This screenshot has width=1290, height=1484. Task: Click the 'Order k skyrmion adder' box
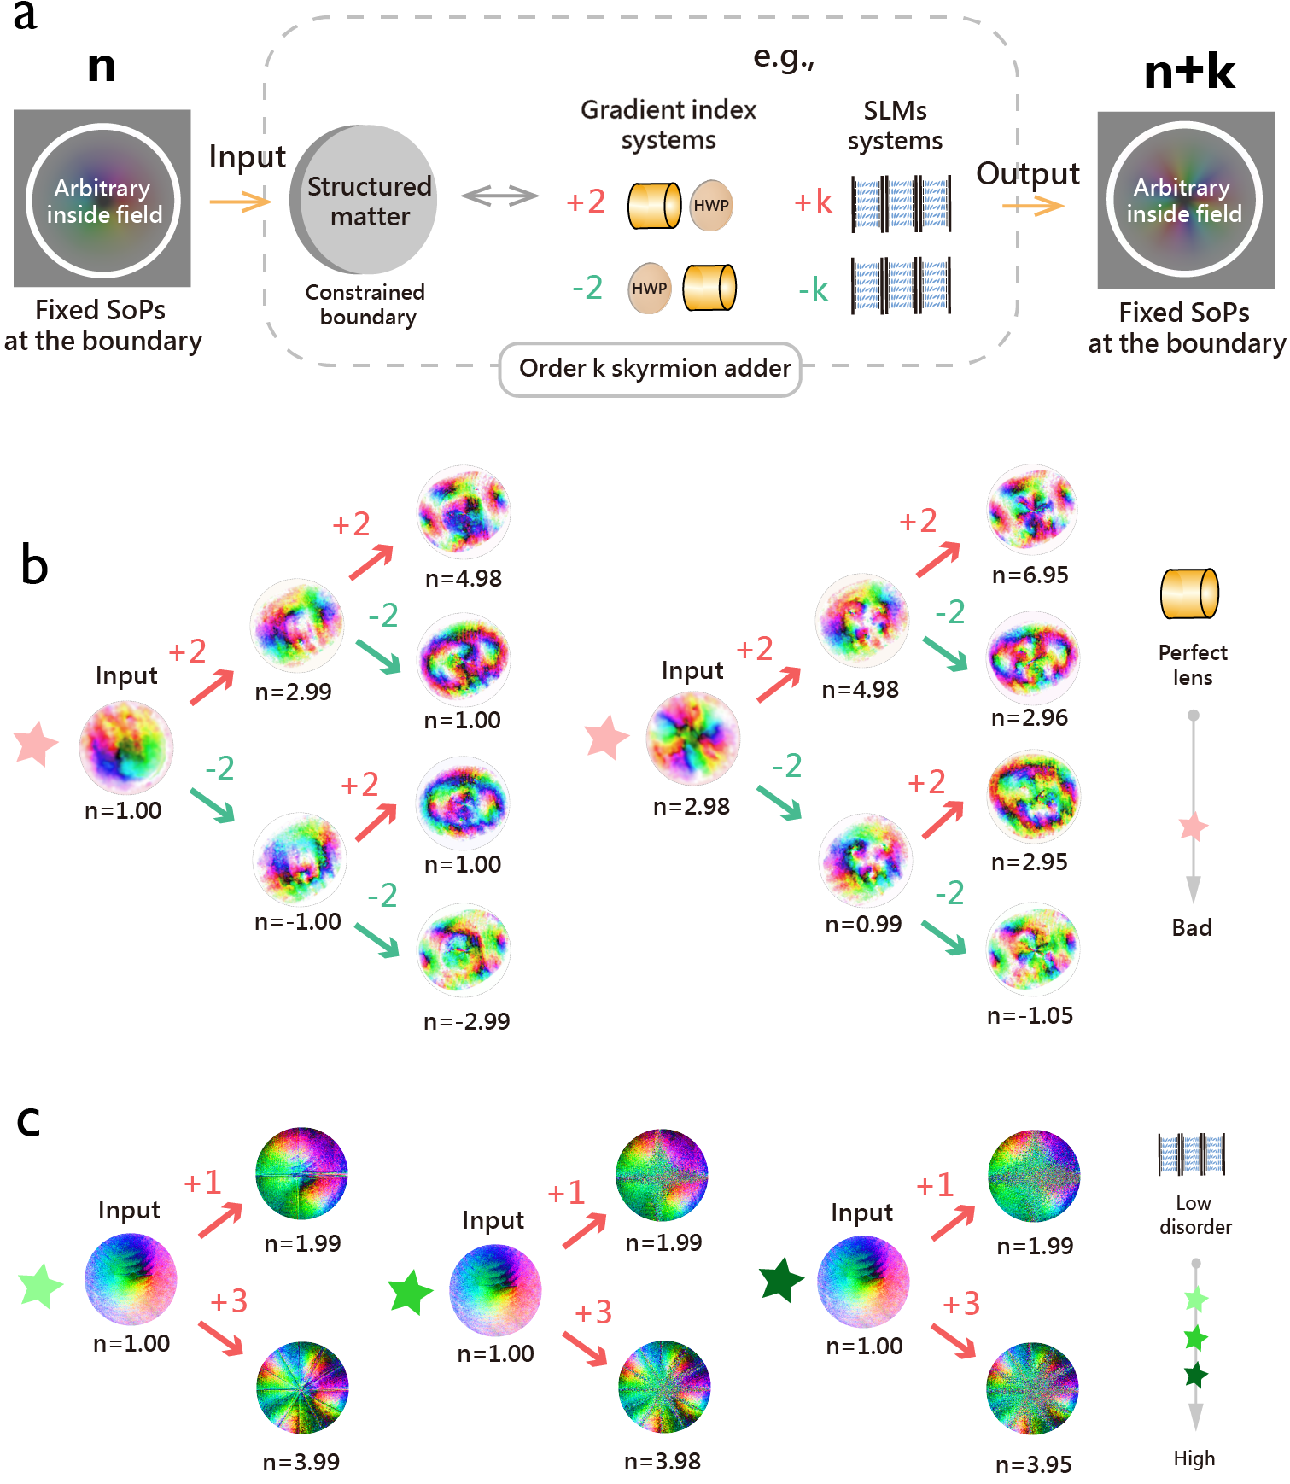(x=651, y=369)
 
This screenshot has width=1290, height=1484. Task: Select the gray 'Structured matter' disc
(x=365, y=200)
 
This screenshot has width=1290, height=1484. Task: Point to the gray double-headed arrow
(x=499, y=196)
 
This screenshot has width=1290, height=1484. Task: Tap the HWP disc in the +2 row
(x=710, y=205)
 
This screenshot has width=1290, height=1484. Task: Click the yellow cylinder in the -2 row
(x=709, y=288)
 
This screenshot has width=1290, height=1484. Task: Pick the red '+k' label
(x=812, y=202)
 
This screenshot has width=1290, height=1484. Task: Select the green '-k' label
(x=813, y=289)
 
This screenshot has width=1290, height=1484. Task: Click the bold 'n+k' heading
(x=1189, y=72)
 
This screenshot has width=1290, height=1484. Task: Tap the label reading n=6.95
(x=1030, y=575)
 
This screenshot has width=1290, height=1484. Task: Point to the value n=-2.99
(x=466, y=1021)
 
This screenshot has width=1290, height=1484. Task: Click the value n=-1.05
(x=1030, y=1015)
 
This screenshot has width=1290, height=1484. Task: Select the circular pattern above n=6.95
(x=1032, y=511)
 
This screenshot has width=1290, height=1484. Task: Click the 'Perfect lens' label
(x=1193, y=664)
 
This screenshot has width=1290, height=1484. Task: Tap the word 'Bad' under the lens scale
(x=1192, y=927)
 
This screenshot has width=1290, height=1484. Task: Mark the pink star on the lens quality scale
(x=1194, y=827)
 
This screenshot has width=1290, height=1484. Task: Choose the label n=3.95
(x=1033, y=1464)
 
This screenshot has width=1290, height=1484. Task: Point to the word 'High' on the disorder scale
(x=1194, y=1458)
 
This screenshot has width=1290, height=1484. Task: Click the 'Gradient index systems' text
(x=668, y=125)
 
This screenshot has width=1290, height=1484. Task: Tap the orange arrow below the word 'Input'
(x=240, y=202)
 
